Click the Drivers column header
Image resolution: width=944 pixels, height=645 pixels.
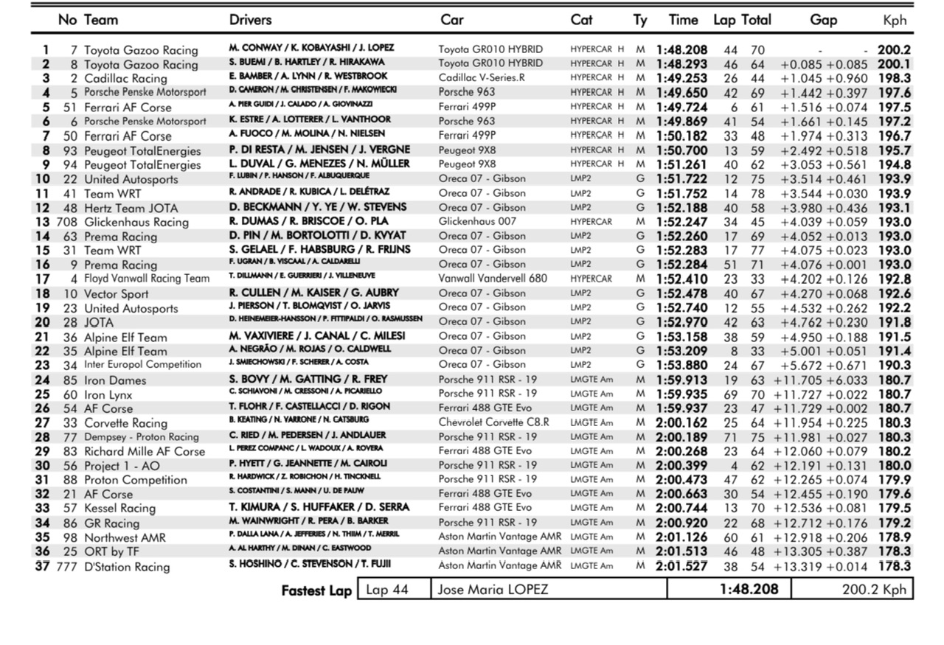tap(254, 20)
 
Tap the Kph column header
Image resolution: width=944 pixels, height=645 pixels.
tap(895, 21)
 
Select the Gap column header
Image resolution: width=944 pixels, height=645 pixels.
tap(823, 21)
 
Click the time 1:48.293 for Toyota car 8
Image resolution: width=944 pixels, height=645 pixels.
tap(681, 64)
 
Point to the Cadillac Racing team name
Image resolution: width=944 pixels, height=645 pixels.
tap(125, 78)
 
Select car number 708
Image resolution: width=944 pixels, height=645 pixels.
tap(66, 221)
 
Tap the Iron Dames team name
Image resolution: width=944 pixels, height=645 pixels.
tap(115, 380)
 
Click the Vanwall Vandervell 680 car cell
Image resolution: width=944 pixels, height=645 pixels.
tap(493, 279)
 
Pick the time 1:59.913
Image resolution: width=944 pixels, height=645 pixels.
tap(681, 380)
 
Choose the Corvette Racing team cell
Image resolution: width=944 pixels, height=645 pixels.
tap(125, 423)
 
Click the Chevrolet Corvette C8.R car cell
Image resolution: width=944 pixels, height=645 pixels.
tap(494, 423)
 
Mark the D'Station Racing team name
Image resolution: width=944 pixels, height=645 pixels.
tap(127, 566)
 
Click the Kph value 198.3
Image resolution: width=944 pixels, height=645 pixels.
tap(894, 78)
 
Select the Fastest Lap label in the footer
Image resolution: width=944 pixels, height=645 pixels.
tap(316, 590)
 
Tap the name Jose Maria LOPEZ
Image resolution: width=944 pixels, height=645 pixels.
tap(493, 590)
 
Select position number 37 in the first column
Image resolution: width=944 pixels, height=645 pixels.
tap(43, 566)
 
